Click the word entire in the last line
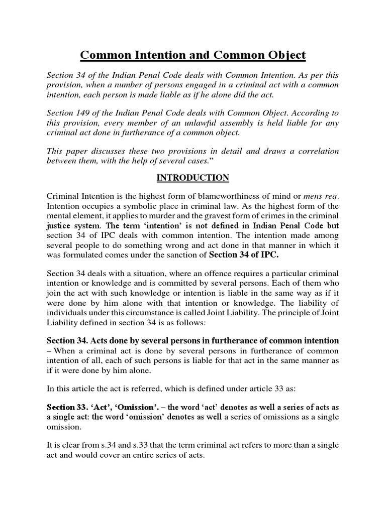point(152,456)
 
